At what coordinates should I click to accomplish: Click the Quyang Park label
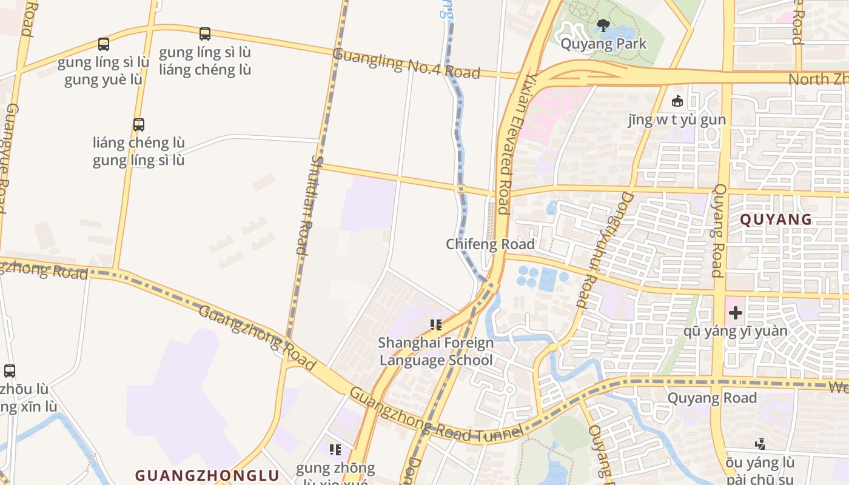[x=603, y=44]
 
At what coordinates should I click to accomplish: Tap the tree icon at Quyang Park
[x=603, y=25]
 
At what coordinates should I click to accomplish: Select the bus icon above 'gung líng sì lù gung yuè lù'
[x=104, y=44]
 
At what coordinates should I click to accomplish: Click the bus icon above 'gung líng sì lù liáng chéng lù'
[x=205, y=34]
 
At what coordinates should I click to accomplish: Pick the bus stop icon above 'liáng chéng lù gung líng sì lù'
[x=139, y=125]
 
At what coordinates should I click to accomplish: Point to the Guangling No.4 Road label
[x=406, y=64]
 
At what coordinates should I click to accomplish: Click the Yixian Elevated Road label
[x=513, y=144]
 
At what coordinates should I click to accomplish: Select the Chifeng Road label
[x=490, y=244]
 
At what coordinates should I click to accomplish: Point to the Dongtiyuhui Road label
[x=601, y=250]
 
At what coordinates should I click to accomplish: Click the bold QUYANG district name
[x=776, y=219]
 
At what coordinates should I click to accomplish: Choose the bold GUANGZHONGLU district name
[x=207, y=475]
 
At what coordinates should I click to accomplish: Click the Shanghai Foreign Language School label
[x=436, y=351]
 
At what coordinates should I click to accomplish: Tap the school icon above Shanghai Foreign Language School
[x=435, y=325]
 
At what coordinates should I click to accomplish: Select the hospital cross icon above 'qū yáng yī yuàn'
[x=736, y=313]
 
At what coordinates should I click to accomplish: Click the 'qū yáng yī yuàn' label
[x=736, y=331]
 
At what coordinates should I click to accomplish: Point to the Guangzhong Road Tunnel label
[x=435, y=415]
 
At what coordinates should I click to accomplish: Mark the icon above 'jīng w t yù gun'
[x=677, y=101]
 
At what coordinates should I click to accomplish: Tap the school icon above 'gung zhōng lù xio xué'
[x=335, y=450]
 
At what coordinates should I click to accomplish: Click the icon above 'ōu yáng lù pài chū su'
[x=760, y=444]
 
